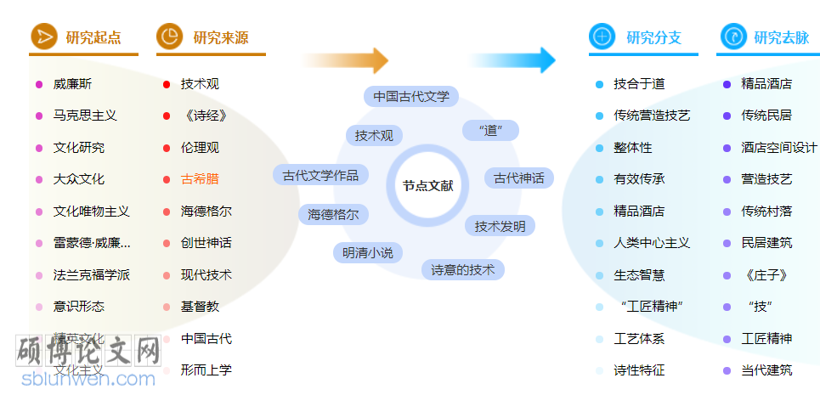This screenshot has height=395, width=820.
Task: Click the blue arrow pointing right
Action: (x=512, y=60)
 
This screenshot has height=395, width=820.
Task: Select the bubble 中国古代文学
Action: (x=411, y=96)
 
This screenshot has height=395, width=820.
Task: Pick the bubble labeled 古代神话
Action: (x=518, y=178)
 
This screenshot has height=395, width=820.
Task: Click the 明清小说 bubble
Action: (x=367, y=252)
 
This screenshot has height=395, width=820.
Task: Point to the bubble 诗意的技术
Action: (x=462, y=270)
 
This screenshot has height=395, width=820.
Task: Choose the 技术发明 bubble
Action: (x=500, y=226)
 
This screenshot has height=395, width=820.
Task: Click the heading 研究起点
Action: (x=93, y=37)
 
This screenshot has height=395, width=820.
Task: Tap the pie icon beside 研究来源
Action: (x=169, y=37)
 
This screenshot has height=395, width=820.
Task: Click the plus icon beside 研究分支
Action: (x=602, y=37)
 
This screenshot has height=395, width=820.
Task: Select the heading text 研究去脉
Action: (x=781, y=37)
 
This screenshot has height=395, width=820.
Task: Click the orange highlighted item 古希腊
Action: (x=200, y=179)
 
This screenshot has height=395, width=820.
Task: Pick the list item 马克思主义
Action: (x=85, y=116)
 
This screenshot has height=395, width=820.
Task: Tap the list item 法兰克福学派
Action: (x=91, y=275)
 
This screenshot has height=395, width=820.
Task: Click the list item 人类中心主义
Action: (x=652, y=243)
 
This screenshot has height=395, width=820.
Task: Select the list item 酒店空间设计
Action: (x=778, y=148)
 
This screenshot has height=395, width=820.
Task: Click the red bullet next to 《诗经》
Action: (x=167, y=116)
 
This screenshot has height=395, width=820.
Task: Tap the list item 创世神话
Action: (x=206, y=243)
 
